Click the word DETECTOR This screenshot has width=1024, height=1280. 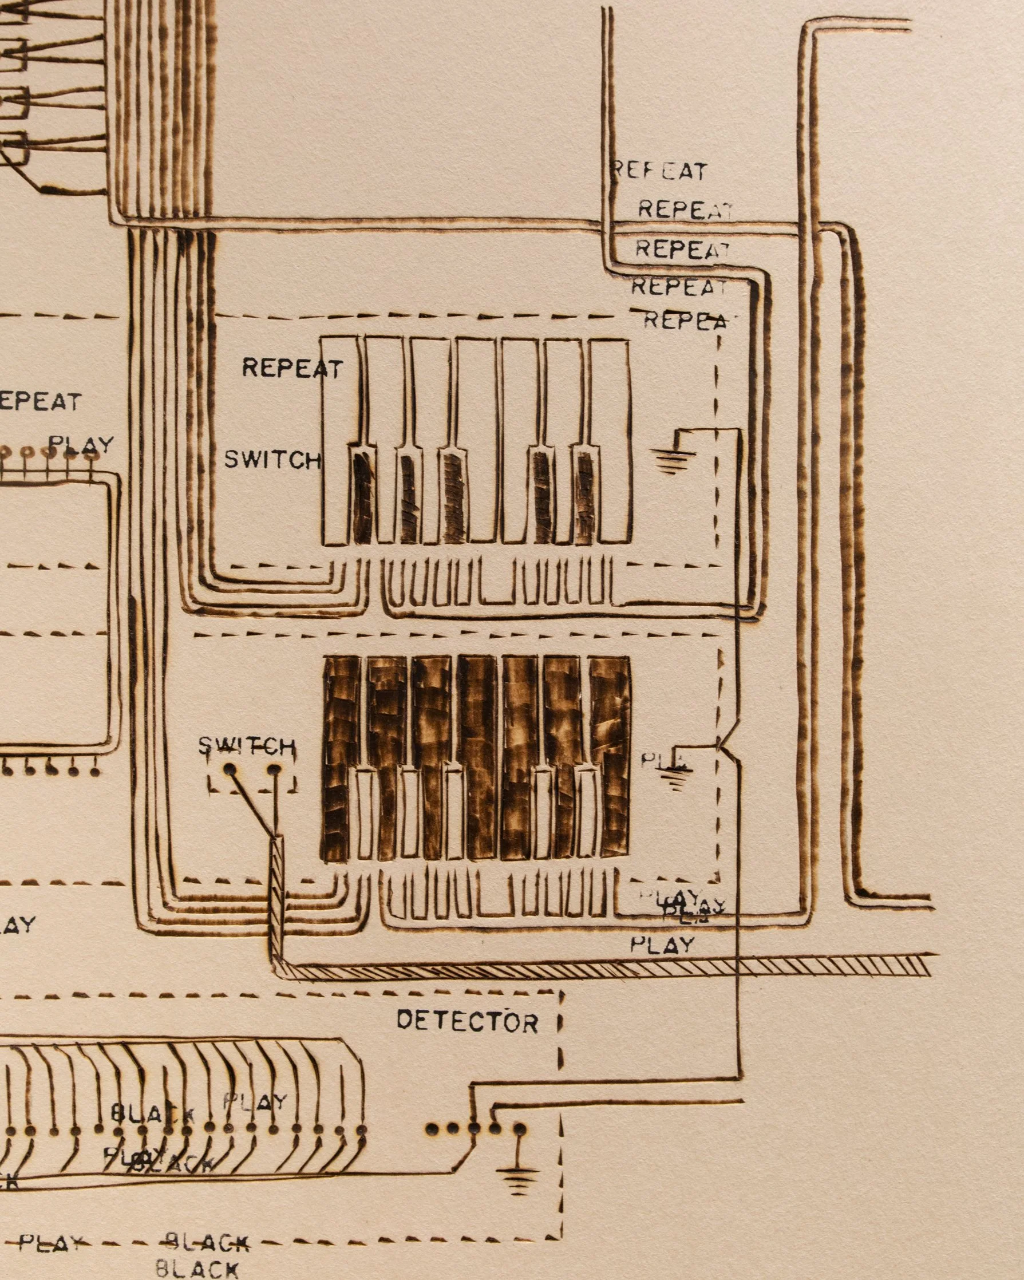click(x=467, y=1021)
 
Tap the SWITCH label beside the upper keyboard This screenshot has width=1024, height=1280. click(x=272, y=460)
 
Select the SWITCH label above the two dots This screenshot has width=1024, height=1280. click(x=246, y=746)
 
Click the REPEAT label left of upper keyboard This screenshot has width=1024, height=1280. click(x=292, y=368)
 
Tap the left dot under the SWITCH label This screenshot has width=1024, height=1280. click(x=229, y=771)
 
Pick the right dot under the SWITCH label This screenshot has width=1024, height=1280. click(x=274, y=771)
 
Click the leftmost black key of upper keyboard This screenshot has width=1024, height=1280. click(x=362, y=496)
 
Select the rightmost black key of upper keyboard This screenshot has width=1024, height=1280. click(x=585, y=496)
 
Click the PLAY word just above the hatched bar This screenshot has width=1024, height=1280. click(x=662, y=944)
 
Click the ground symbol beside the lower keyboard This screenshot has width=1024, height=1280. click(x=675, y=775)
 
